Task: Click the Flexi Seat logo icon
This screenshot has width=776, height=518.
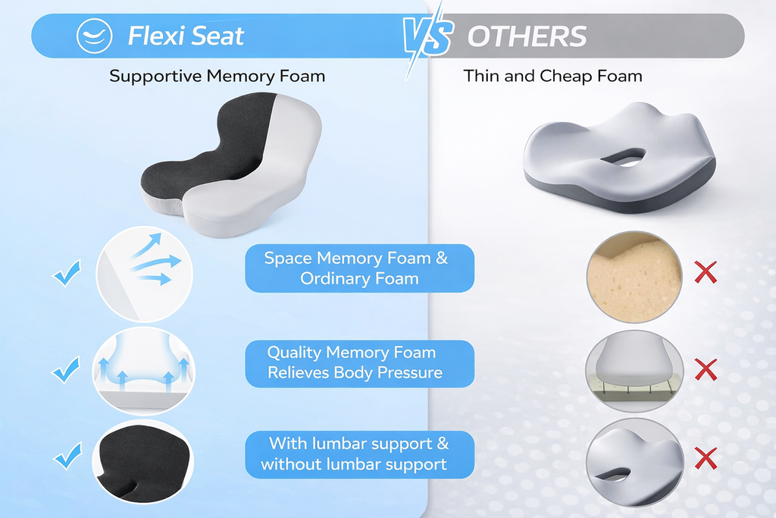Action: (x=95, y=36)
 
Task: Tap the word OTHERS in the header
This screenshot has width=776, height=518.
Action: (x=527, y=36)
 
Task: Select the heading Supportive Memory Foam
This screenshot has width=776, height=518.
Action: (x=217, y=76)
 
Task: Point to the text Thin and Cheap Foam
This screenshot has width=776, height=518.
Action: (x=552, y=76)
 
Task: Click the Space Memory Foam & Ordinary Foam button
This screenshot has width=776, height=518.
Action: (x=359, y=268)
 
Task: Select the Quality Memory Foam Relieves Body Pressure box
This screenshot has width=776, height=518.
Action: (x=359, y=363)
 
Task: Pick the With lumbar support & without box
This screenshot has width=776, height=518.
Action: (x=359, y=454)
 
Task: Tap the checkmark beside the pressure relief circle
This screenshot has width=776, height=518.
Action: (x=67, y=370)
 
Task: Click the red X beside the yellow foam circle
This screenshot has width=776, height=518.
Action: (x=706, y=272)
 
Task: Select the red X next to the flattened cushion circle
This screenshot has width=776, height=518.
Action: (x=706, y=370)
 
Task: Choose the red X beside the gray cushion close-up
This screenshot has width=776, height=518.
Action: (x=706, y=457)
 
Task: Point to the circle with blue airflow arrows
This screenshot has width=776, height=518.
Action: (x=145, y=274)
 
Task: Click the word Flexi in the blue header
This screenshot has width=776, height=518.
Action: (x=155, y=36)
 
